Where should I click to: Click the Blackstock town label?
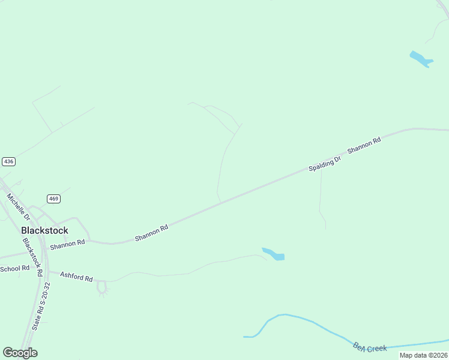tap(44, 230)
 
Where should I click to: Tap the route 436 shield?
tap(8, 161)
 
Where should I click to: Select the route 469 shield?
tap(54, 199)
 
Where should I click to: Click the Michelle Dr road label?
tap(18, 206)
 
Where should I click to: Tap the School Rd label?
tap(14, 268)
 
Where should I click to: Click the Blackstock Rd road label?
tap(32, 257)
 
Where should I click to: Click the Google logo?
tap(20, 353)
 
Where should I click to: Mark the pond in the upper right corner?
tap(421, 59)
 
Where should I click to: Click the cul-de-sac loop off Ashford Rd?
tap(101, 289)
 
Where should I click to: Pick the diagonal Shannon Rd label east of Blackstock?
tap(151, 233)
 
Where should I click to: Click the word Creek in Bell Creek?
tap(376, 348)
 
